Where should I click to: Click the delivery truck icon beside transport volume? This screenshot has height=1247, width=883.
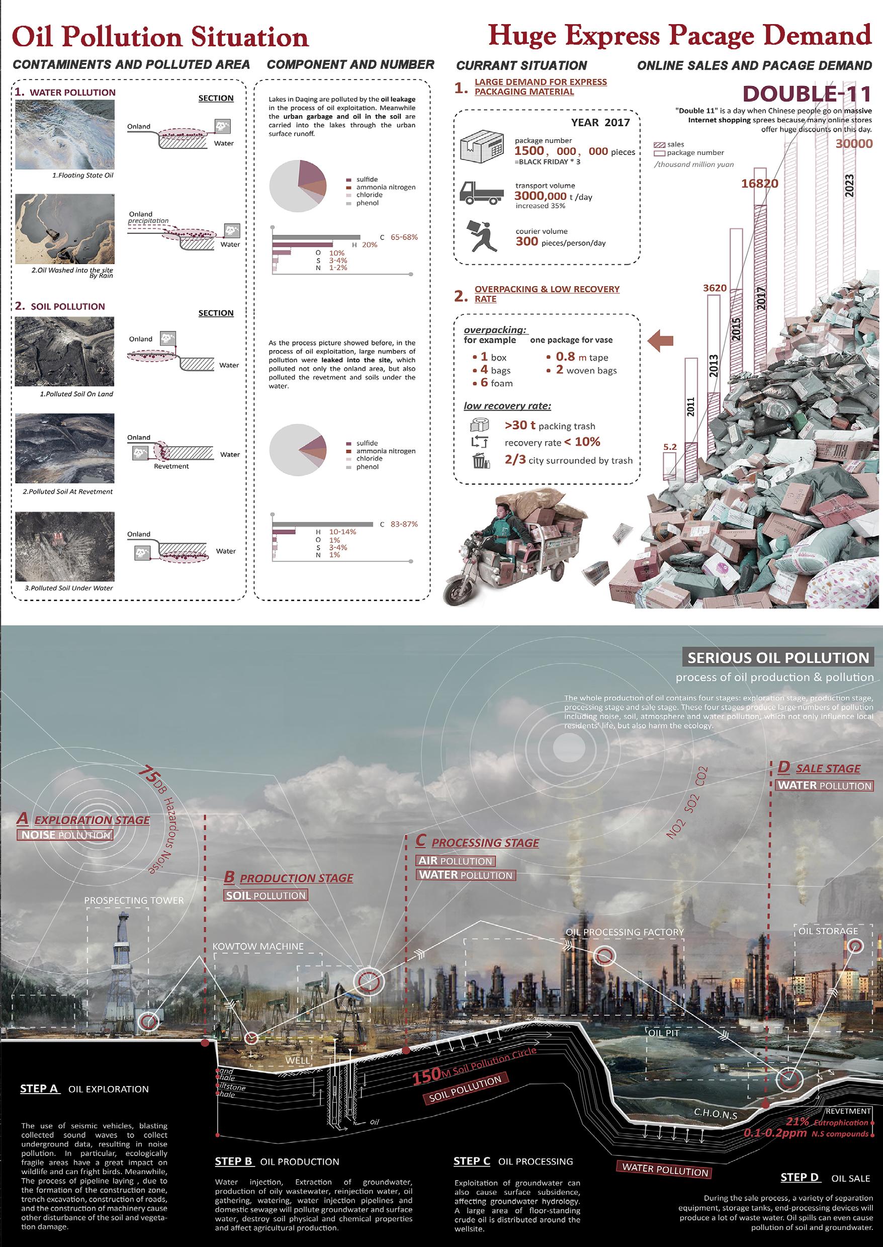tap(481, 193)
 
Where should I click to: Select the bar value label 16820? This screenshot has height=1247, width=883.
tap(760, 184)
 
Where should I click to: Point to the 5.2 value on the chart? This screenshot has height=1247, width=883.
tap(670, 447)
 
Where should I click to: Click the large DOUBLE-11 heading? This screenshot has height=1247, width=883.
tap(807, 94)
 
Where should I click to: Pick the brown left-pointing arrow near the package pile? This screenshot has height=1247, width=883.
tap(661, 341)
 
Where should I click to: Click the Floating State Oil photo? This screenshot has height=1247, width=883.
tap(65, 134)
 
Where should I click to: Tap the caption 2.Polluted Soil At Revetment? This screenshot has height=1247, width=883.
tap(67, 491)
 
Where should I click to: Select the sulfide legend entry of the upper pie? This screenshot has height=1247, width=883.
tap(367, 180)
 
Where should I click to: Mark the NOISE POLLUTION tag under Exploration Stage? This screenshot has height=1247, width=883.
tap(66, 835)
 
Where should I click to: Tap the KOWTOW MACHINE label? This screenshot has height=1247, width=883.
tap(258, 946)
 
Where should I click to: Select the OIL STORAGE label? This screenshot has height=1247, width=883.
tap(828, 931)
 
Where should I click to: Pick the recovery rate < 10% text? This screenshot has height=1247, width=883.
tap(553, 442)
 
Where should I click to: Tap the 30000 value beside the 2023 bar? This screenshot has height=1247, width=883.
tap(854, 143)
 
